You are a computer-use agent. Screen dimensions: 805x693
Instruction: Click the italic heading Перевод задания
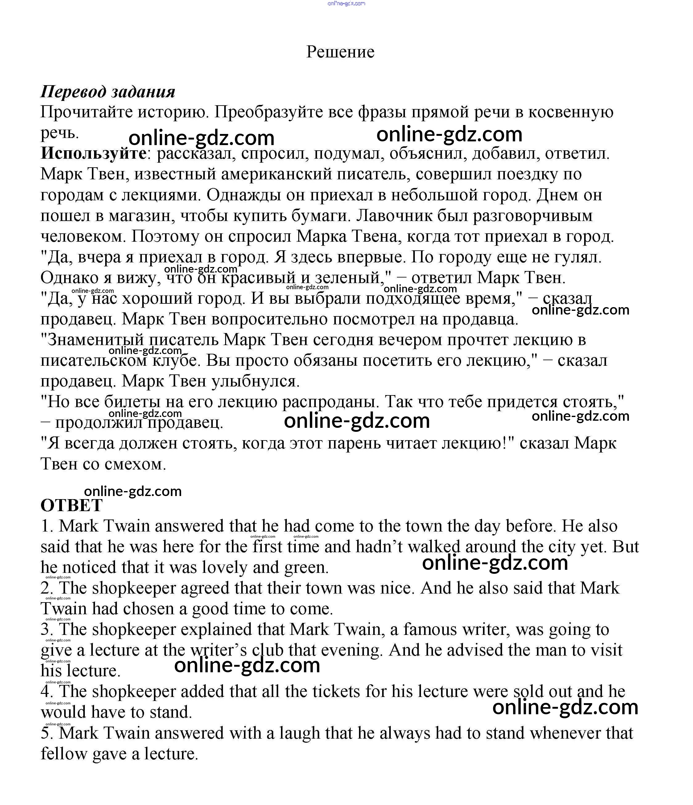pyautogui.click(x=108, y=92)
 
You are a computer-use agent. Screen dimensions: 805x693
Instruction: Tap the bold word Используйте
pyautogui.click(x=93, y=153)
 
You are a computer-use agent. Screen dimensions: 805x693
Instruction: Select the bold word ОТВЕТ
pyautogui.click(x=72, y=506)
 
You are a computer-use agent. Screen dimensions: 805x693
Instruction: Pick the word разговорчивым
pyautogui.click(x=533, y=216)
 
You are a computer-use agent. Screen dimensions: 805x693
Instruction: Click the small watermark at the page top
pyautogui.click(x=346, y=3)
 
